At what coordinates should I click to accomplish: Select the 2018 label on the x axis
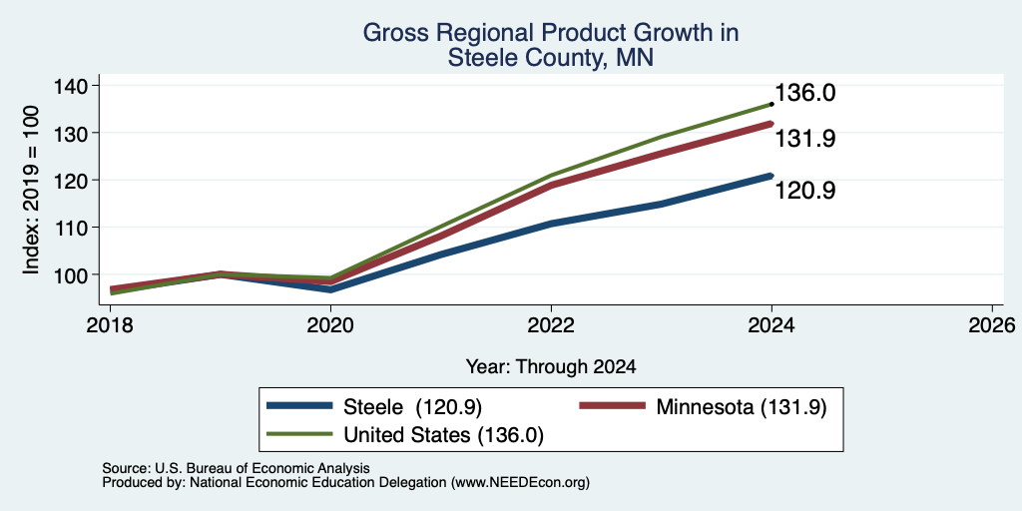[x=110, y=324]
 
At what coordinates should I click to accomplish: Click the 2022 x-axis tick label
[x=551, y=324]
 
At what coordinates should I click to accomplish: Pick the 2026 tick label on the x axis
[x=992, y=324]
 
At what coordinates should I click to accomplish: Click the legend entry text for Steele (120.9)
[x=412, y=407]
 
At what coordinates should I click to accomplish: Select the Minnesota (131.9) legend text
[x=742, y=407]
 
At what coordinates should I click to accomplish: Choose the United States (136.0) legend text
[x=443, y=435]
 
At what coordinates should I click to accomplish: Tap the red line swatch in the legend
[x=614, y=407]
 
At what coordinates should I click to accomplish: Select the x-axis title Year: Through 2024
[x=551, y=367]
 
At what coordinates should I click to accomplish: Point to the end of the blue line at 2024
[x=771, y=176]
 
